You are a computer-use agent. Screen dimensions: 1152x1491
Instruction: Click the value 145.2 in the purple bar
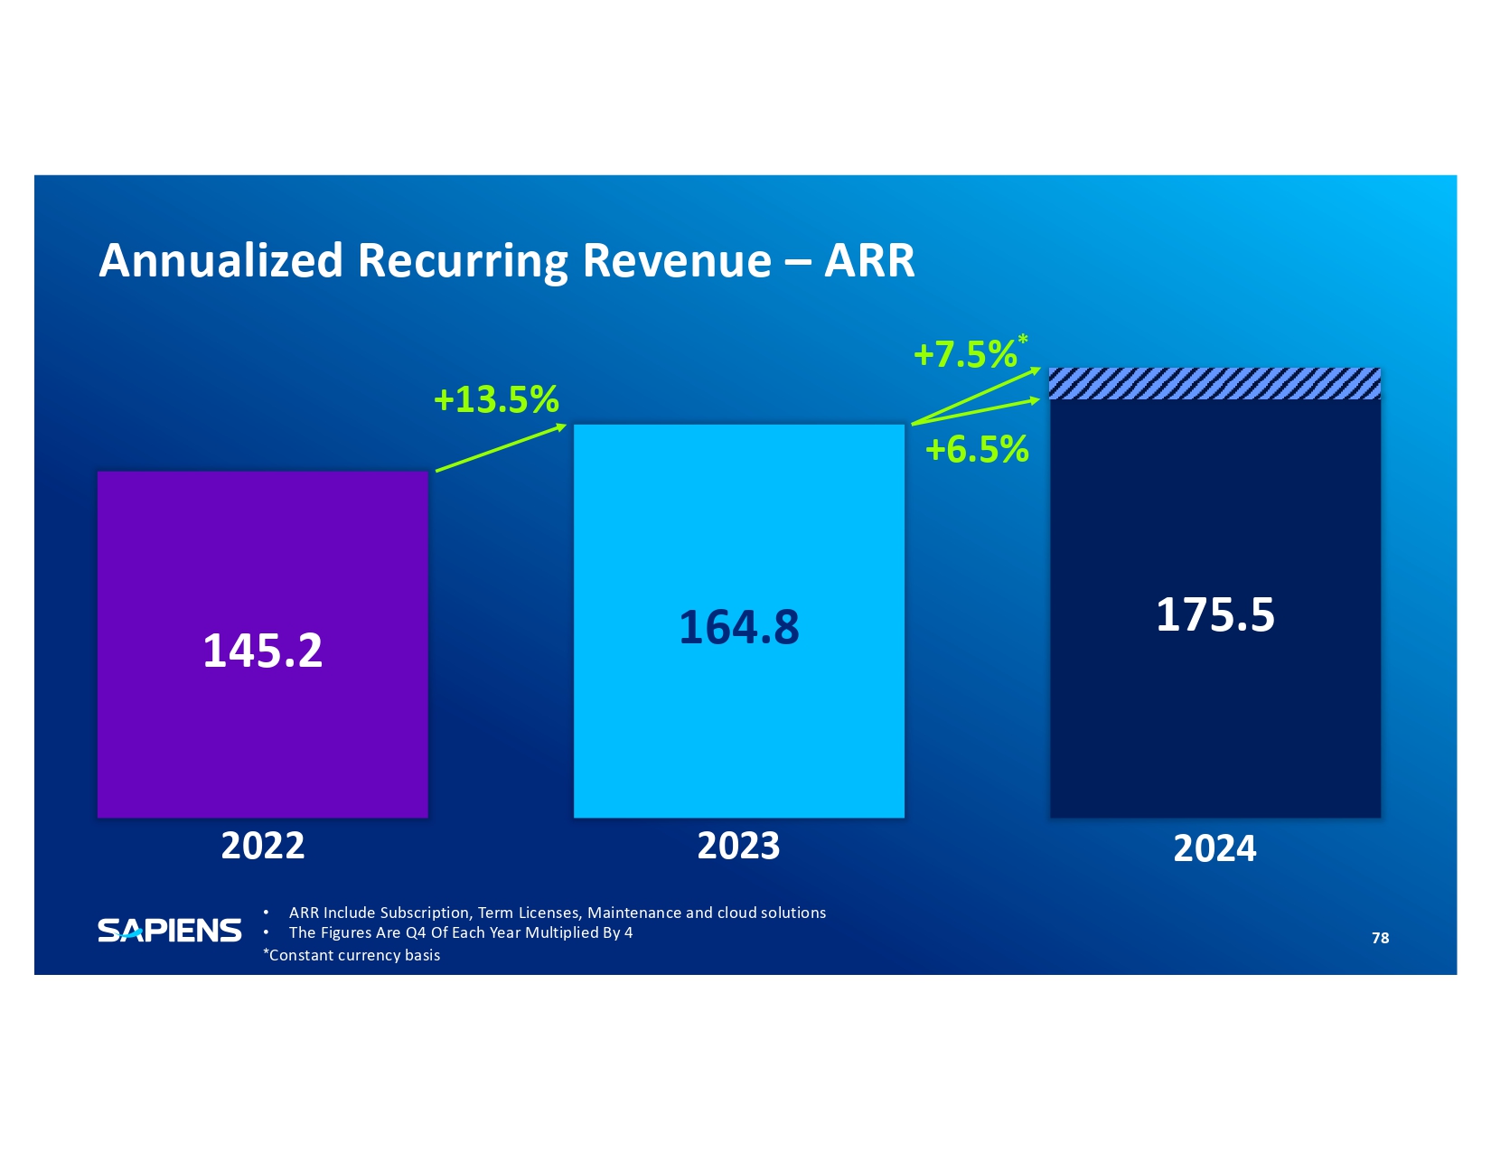(262, 651)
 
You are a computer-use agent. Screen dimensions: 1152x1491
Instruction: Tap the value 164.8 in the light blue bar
(738, 627)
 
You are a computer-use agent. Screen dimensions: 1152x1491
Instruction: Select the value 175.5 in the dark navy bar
(1214, 615)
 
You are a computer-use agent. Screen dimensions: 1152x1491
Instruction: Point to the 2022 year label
(262, 846)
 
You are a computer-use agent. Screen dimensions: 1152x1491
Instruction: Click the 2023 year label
(738, 846)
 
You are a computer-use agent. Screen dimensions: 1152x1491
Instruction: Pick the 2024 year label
(1214, 848)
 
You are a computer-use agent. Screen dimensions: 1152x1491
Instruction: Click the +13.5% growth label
(496, 399)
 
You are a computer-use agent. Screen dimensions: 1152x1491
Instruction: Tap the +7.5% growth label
(965, 354)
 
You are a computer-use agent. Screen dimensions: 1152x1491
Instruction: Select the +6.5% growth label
(977, 449)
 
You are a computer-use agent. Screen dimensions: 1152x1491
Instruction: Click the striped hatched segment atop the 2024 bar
(1214, 384)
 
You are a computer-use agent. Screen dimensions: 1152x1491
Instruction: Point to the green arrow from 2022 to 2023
(501, 447)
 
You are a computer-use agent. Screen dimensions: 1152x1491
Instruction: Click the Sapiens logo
(169, 931)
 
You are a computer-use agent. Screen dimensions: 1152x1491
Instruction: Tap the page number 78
(1380, 938)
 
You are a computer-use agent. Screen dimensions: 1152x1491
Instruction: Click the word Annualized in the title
(220, 260)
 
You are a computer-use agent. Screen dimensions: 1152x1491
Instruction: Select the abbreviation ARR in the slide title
(869, 260)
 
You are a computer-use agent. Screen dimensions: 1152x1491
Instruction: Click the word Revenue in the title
(677, 260)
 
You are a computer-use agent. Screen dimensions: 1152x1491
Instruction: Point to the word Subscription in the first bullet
(425, 913)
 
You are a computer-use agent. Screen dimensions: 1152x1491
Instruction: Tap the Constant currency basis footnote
(352, 955)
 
